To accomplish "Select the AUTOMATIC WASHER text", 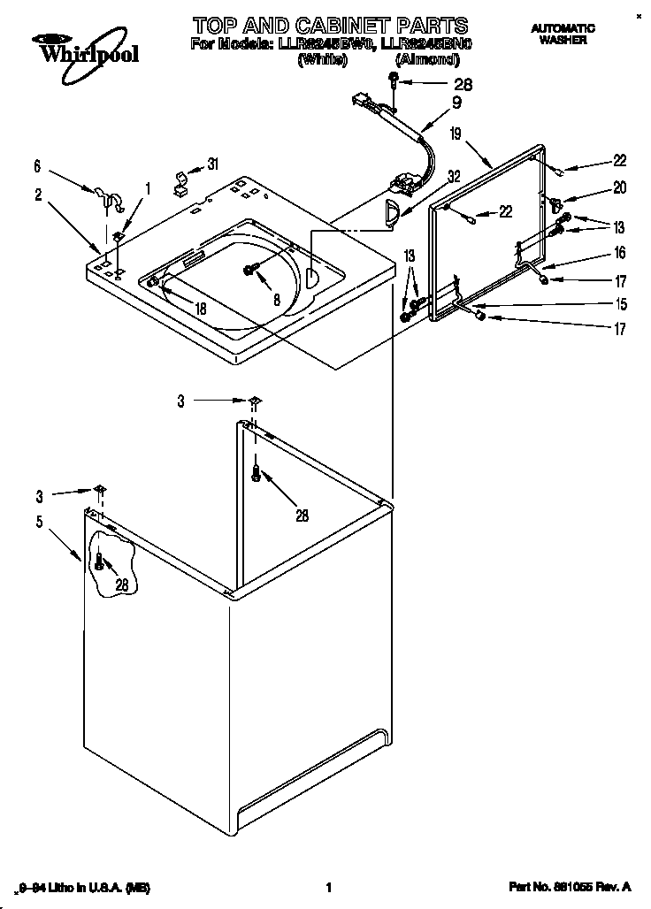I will pyautogui.click(x=563, y=34).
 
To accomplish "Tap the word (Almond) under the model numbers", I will pyautogui.click(x=426, y=59).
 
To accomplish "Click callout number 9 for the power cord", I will pyautogui.click(x=456, y=102).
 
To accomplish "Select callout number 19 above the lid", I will pyautogui.click(x=454, y=134).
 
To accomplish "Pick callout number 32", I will pyautogui.click(x=454, y=176).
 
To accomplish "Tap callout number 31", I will pyautogui.click(x=212, y=164).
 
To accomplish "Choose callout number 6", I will pyautogui.click(x=37, y=164).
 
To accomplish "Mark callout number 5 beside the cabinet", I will pyautogui.click(x=39, y=522).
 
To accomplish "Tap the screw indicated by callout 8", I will pyautogui.click(x=250, y=270).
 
